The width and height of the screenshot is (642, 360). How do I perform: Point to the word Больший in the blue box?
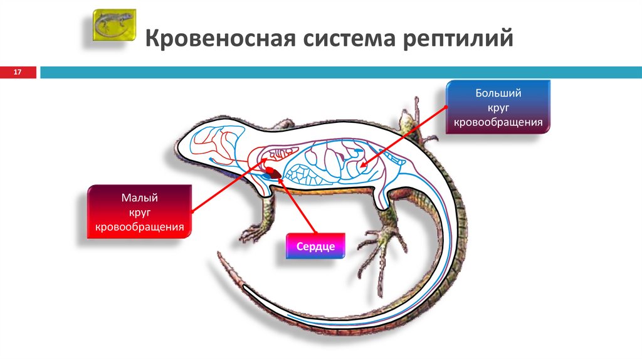(x=498, y=93)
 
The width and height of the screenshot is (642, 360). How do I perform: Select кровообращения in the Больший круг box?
(x=498, y=122)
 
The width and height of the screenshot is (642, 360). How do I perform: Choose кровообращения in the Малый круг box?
(x=139, y=226)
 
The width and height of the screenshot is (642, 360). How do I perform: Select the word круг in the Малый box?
(x=139, y=213)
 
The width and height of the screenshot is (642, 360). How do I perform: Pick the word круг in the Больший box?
(x=498, y=108)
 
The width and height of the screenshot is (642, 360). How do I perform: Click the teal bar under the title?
(x=339, y=73)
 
